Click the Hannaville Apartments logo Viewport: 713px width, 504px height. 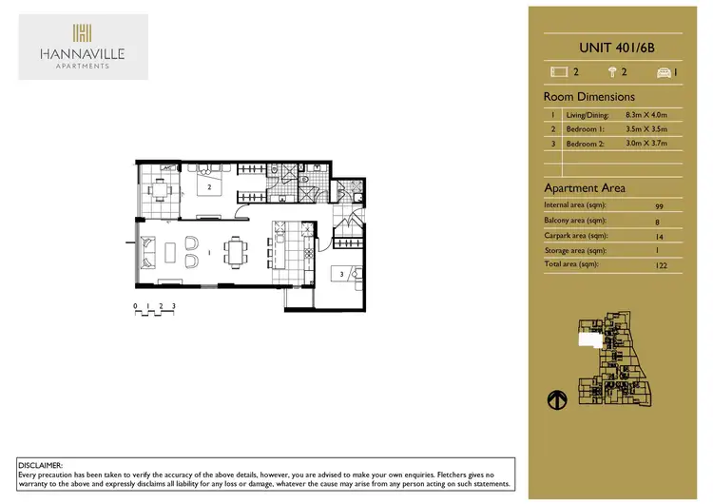[83, 47]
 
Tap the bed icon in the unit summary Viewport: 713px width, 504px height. [558, 71]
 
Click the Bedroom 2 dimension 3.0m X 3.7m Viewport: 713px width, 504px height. [646, 143]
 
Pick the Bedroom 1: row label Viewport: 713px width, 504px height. [588, 128]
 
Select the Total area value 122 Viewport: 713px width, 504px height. [662, 266]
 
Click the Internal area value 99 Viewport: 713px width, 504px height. [660, 205]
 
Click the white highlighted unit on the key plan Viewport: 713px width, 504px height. [592, 339]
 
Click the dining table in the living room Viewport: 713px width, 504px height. [234, 253]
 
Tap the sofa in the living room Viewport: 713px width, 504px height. [149, 254]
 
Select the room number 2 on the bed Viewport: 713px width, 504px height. [209, 187]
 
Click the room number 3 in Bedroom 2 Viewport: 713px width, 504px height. [341, 275]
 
